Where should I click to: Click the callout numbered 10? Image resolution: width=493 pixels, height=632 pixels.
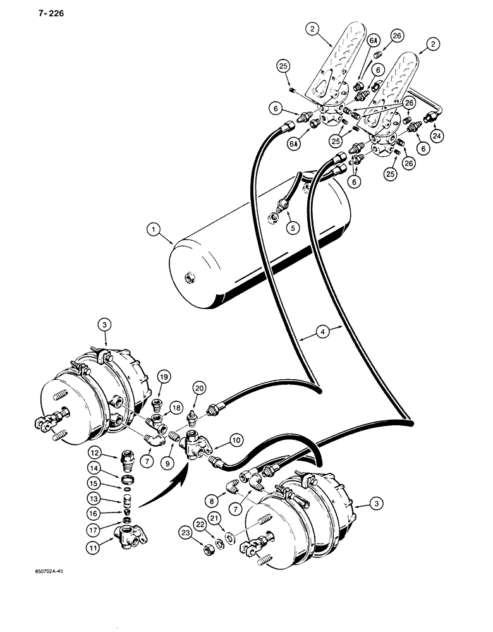(236, 438)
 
